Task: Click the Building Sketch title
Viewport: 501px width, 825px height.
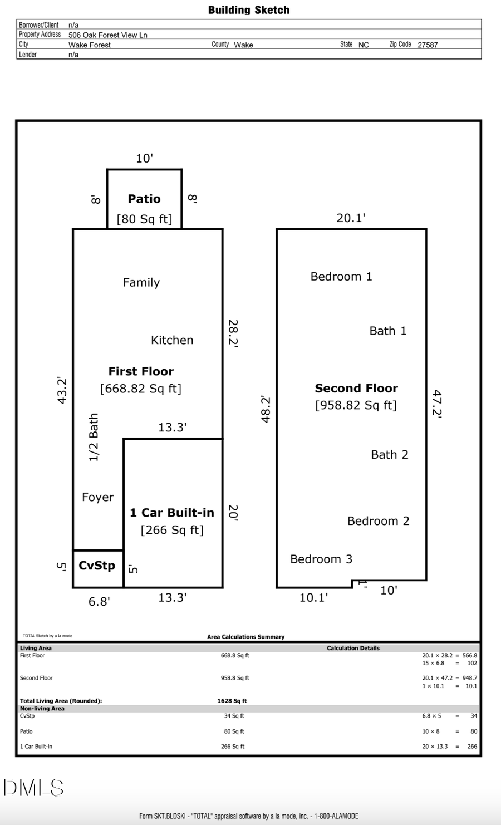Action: (x=249, y=10)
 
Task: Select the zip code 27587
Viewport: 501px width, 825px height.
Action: (x=428, y=45)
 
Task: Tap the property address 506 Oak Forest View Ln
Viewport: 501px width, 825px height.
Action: (x=108, y=35)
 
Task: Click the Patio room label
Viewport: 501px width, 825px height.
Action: (x=144, y=199)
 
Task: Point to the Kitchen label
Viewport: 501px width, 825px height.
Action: (x=172, y=340)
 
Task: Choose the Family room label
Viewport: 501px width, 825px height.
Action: (x=141, y=282)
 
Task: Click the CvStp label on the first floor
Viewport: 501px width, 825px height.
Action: (x=97, y=566)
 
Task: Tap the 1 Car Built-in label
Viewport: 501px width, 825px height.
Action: (x=172, y=513)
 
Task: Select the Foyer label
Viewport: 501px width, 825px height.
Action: (x=97, y=497)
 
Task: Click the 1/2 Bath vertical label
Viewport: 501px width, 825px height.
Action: (x=94, y=437)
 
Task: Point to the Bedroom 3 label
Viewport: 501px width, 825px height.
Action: (x=321, y=559)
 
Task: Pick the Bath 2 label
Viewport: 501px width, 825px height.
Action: (x=390, y=455)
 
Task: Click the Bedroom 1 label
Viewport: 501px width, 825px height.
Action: (x=341, y=277)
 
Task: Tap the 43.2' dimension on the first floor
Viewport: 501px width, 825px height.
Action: (x=62, y=391)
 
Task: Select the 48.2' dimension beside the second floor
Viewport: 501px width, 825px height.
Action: (x=266, y=409)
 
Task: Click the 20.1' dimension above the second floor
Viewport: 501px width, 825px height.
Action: (x=351, y=218)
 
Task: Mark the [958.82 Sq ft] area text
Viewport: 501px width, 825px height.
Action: (x=356, y=405)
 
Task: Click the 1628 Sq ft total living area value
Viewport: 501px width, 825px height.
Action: (x=232, y=701)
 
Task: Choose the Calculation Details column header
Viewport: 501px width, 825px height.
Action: (x=353, y=648)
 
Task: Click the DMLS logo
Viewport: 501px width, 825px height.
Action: (x=33, y=788)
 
